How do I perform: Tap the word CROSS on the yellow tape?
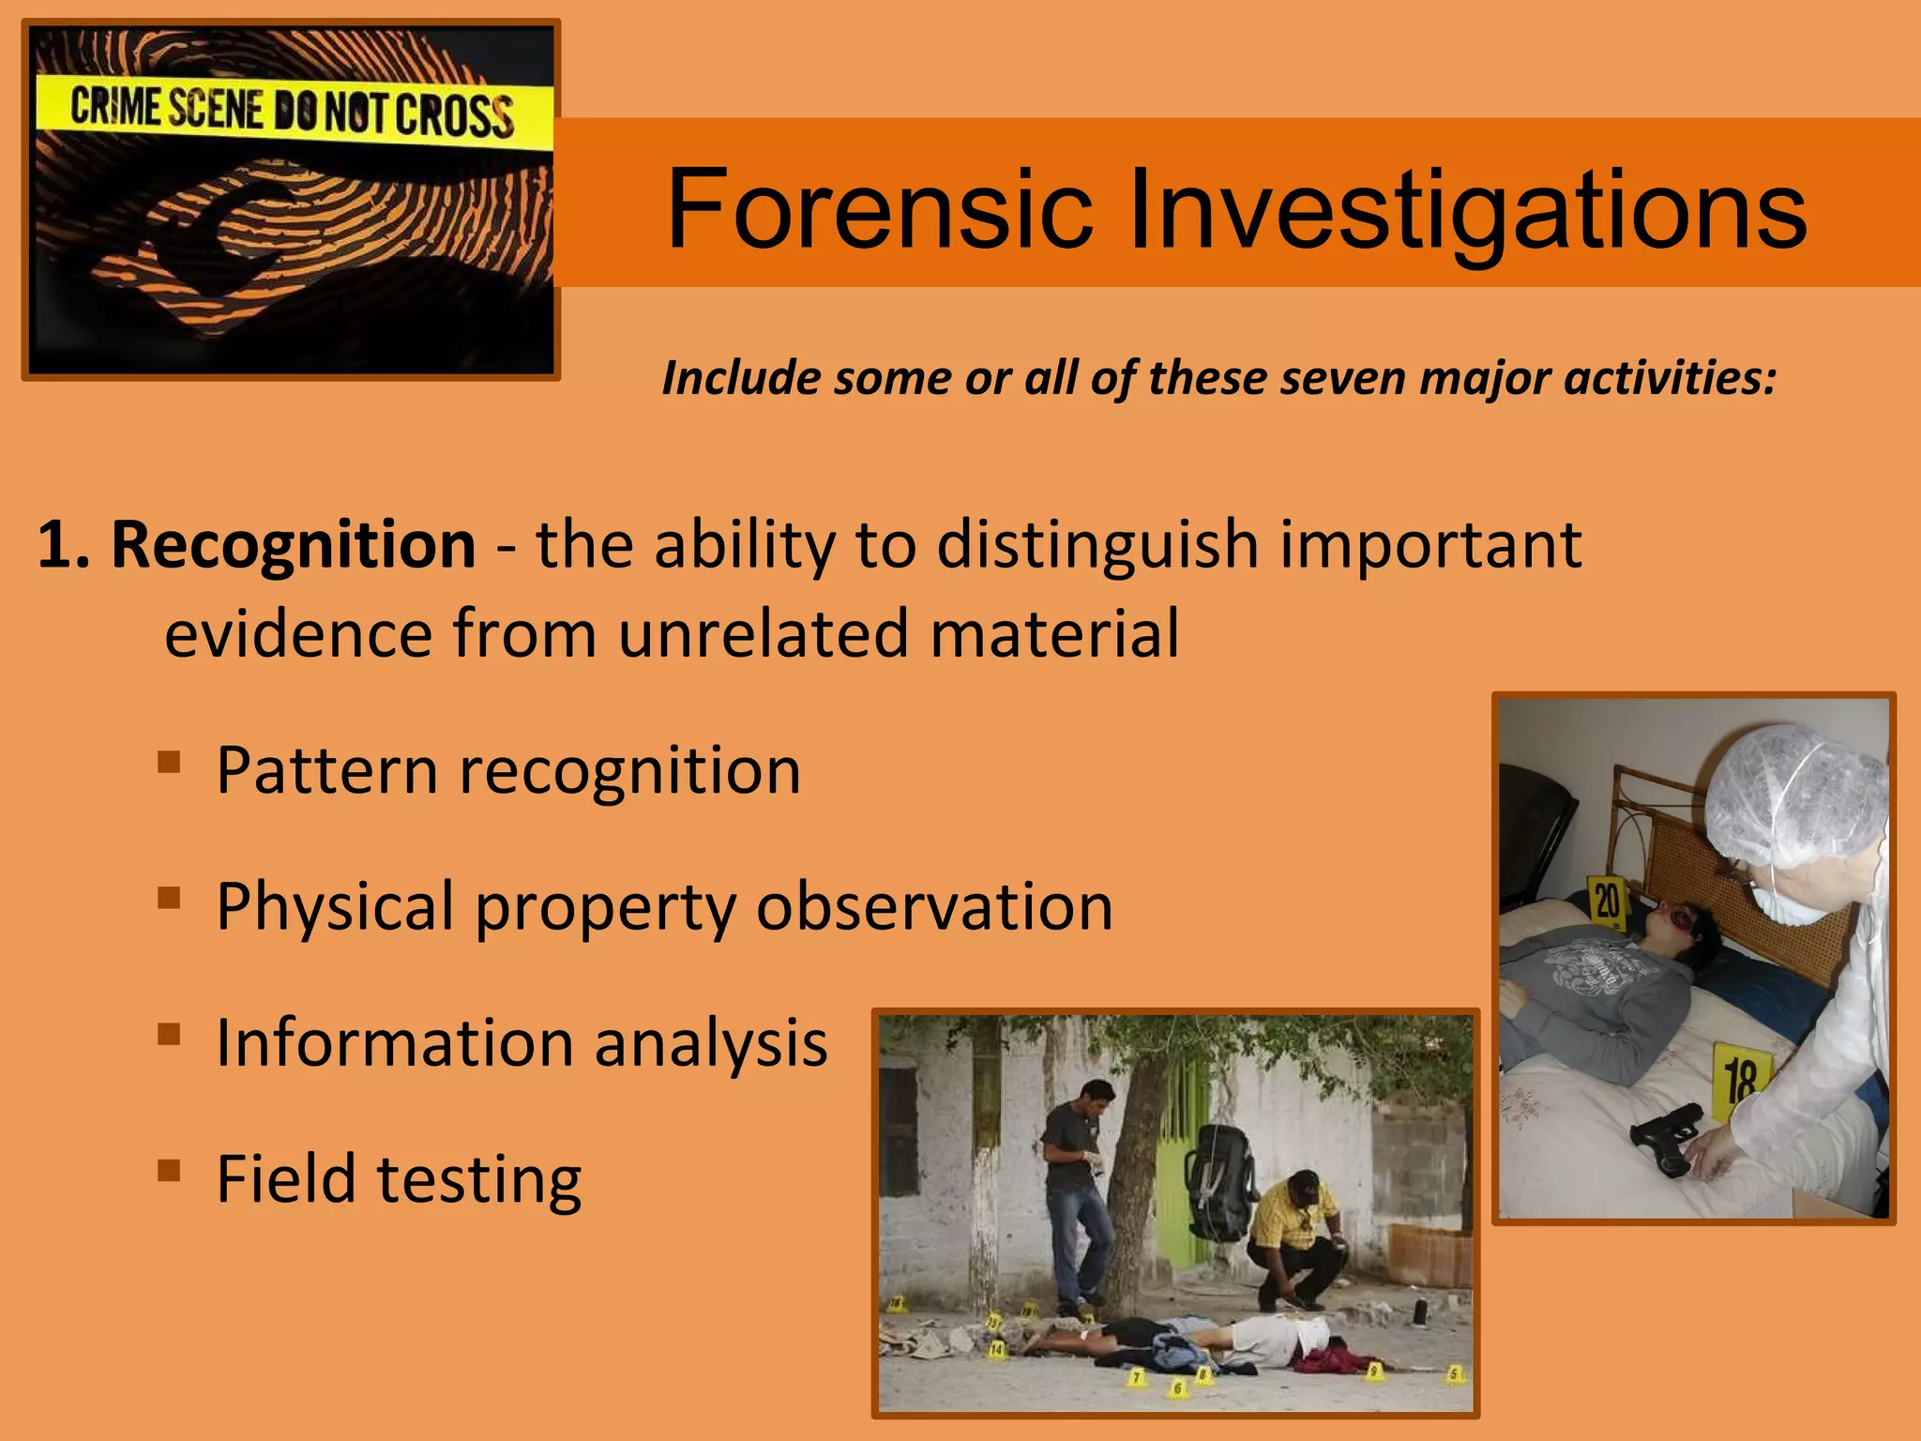454,115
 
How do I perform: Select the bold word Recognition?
294,544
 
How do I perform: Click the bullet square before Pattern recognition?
169,761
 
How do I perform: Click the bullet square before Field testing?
169,1170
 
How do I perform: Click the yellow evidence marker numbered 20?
1607,900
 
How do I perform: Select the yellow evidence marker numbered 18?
1741,1081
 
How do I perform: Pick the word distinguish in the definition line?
1097,546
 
